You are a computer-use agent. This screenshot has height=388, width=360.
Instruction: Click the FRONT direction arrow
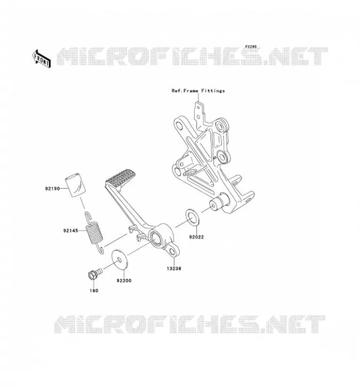point(42,59)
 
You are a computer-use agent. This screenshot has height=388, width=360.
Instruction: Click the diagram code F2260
point(251,47)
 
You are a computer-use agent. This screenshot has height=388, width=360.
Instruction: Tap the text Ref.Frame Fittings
point(198,91)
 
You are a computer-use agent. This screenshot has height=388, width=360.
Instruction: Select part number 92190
point(52,189)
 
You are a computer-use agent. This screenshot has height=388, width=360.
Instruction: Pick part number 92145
point(70,231)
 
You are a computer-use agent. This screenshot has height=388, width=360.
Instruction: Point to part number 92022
point(196,237)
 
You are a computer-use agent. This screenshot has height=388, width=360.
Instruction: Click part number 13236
point(174,268)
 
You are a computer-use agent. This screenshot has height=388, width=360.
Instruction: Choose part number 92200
point(124,281)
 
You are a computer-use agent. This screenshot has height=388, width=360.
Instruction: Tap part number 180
point(94,291)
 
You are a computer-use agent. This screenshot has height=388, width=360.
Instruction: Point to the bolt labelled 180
point(95,273)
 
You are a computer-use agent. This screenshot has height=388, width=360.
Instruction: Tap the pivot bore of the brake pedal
point(157,238)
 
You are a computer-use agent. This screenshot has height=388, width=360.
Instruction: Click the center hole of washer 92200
point(119,259)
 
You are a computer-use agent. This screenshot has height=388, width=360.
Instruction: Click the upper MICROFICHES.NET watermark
point(193,56)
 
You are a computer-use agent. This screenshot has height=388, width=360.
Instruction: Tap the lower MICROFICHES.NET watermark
point(190,324)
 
